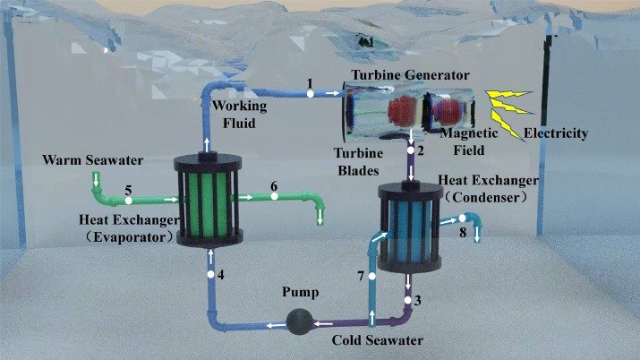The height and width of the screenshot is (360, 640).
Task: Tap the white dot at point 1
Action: (x=310, y=92)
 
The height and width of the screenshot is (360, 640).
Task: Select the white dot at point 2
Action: (x=411, y=150)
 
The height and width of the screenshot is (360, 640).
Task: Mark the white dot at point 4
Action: (x=211, y=273)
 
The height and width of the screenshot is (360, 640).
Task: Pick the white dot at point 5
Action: (x=129, y=200)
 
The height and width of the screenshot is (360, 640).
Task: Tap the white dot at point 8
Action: (x=463, y=219)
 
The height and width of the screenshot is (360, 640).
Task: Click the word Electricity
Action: (x=556, y=134)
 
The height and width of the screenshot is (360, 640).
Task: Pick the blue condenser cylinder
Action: (x=410, y=229)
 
